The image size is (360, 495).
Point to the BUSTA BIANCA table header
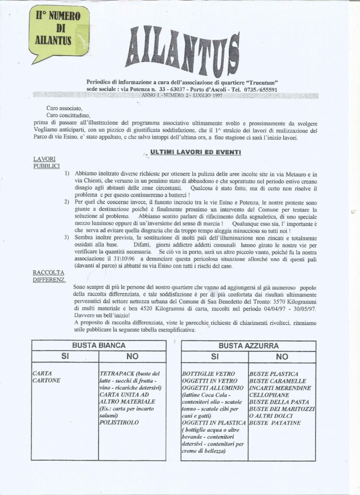click(x=99, y=346)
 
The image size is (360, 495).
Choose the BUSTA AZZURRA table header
click(x=248, y=346)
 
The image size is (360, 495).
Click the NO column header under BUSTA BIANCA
click(x=132, y=357)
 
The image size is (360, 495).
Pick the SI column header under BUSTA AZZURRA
click(x=214, y=357)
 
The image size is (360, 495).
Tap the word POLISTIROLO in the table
click(x=118, y=422)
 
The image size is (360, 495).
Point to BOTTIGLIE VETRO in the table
click(x=208, y=374)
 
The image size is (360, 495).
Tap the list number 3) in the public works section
click(x=67, y=238)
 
